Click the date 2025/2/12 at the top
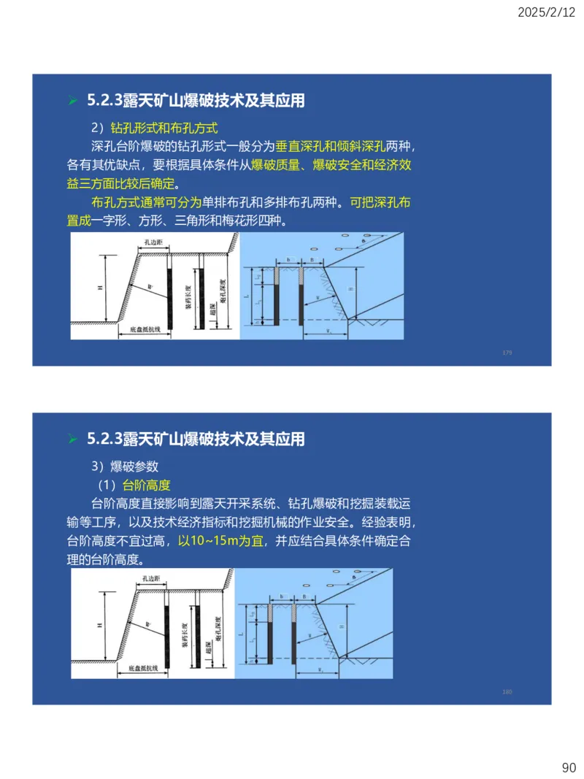(546, 12)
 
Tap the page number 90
(569, 767)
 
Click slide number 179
(507, 353)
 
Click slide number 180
(507, 691)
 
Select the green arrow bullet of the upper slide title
(72, 101)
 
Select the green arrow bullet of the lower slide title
(72, 440)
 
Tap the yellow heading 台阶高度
(146, 485)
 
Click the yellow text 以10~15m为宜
(221, 541)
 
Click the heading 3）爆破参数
(124, 466)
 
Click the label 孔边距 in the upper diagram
(153, 240)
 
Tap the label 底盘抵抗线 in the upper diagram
(145, 331)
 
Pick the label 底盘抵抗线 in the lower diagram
(145, 667)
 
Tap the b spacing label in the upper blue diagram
(289, 259)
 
